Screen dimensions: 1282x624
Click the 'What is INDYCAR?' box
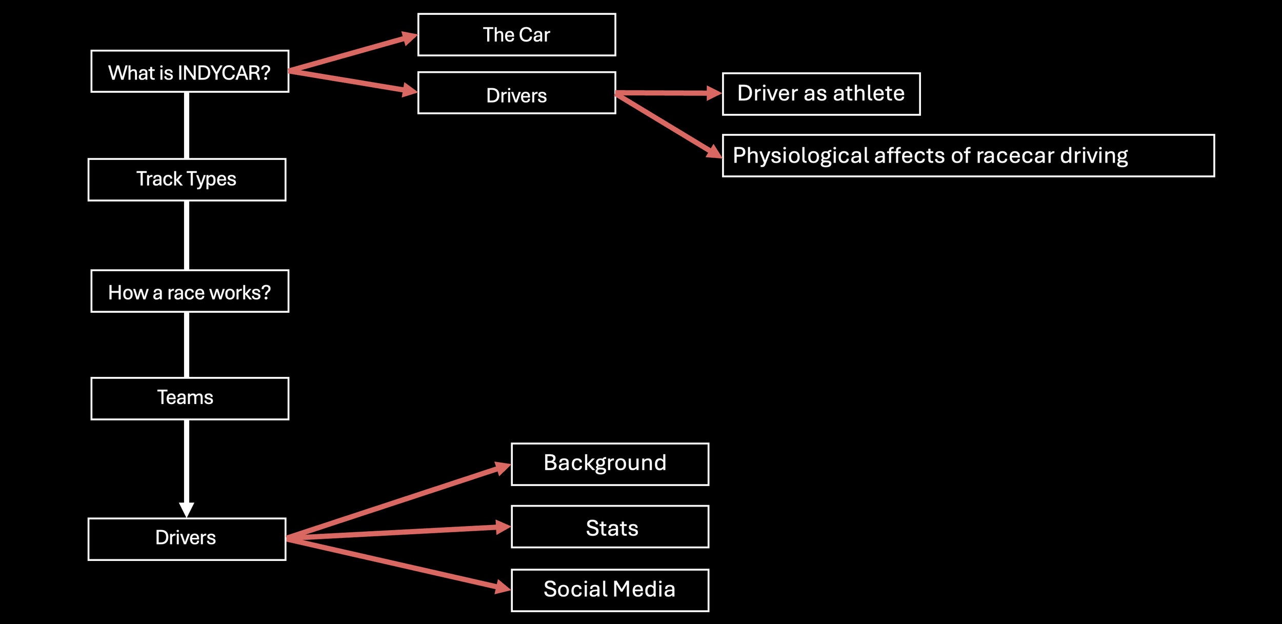coord(190,71)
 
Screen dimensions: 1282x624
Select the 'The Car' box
coord(516,35)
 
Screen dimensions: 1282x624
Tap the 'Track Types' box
coord(187,179)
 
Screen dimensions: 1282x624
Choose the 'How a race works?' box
coord(190,291)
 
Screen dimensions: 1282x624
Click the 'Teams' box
coord(190,398)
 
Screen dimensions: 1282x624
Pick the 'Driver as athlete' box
coord(821,94)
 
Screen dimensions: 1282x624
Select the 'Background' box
coord(610,464)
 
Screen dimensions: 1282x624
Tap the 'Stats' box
coord(610,527)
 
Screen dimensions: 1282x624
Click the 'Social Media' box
coord(610,590)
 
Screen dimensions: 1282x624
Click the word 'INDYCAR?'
coord(224,73)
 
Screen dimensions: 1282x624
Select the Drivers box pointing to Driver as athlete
coord(516,93)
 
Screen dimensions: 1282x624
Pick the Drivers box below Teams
coord(187,539)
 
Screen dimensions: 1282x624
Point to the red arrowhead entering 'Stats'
coord(504,527)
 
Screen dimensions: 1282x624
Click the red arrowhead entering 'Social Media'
coord(503,587)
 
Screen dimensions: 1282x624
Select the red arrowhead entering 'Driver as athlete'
coord(714,93)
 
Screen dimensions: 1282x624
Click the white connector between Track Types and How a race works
coord(187,235)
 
